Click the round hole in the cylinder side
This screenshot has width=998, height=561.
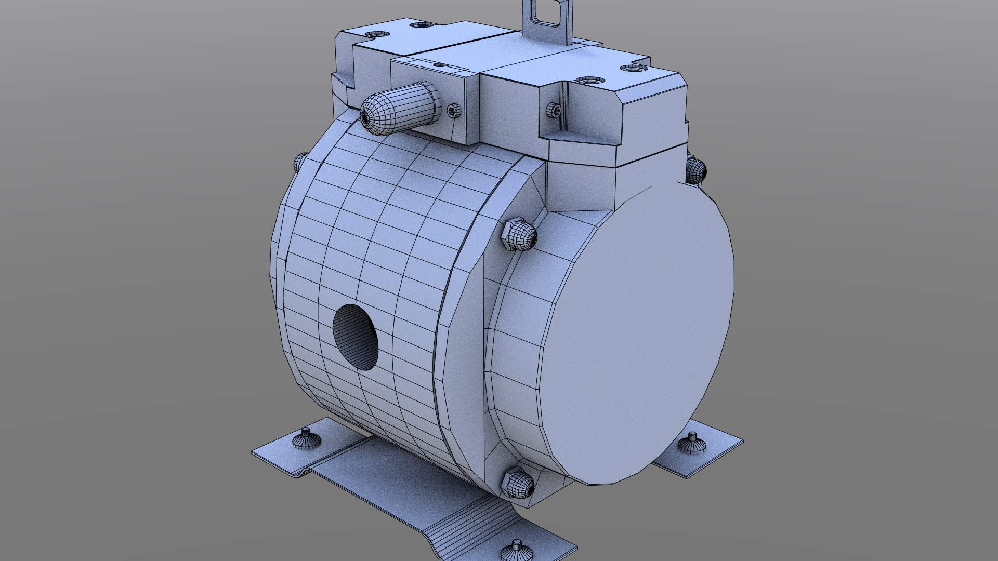[x=356, y=337]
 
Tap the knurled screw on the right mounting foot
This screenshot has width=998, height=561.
[x=691, y=444]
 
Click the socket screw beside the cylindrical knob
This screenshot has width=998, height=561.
[x=452, y=110]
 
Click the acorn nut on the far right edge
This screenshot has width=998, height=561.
[x=695, y=169]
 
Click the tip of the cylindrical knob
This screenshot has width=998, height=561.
[x=366, y=118]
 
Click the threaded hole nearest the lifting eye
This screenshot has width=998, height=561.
[x=590, y=81]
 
